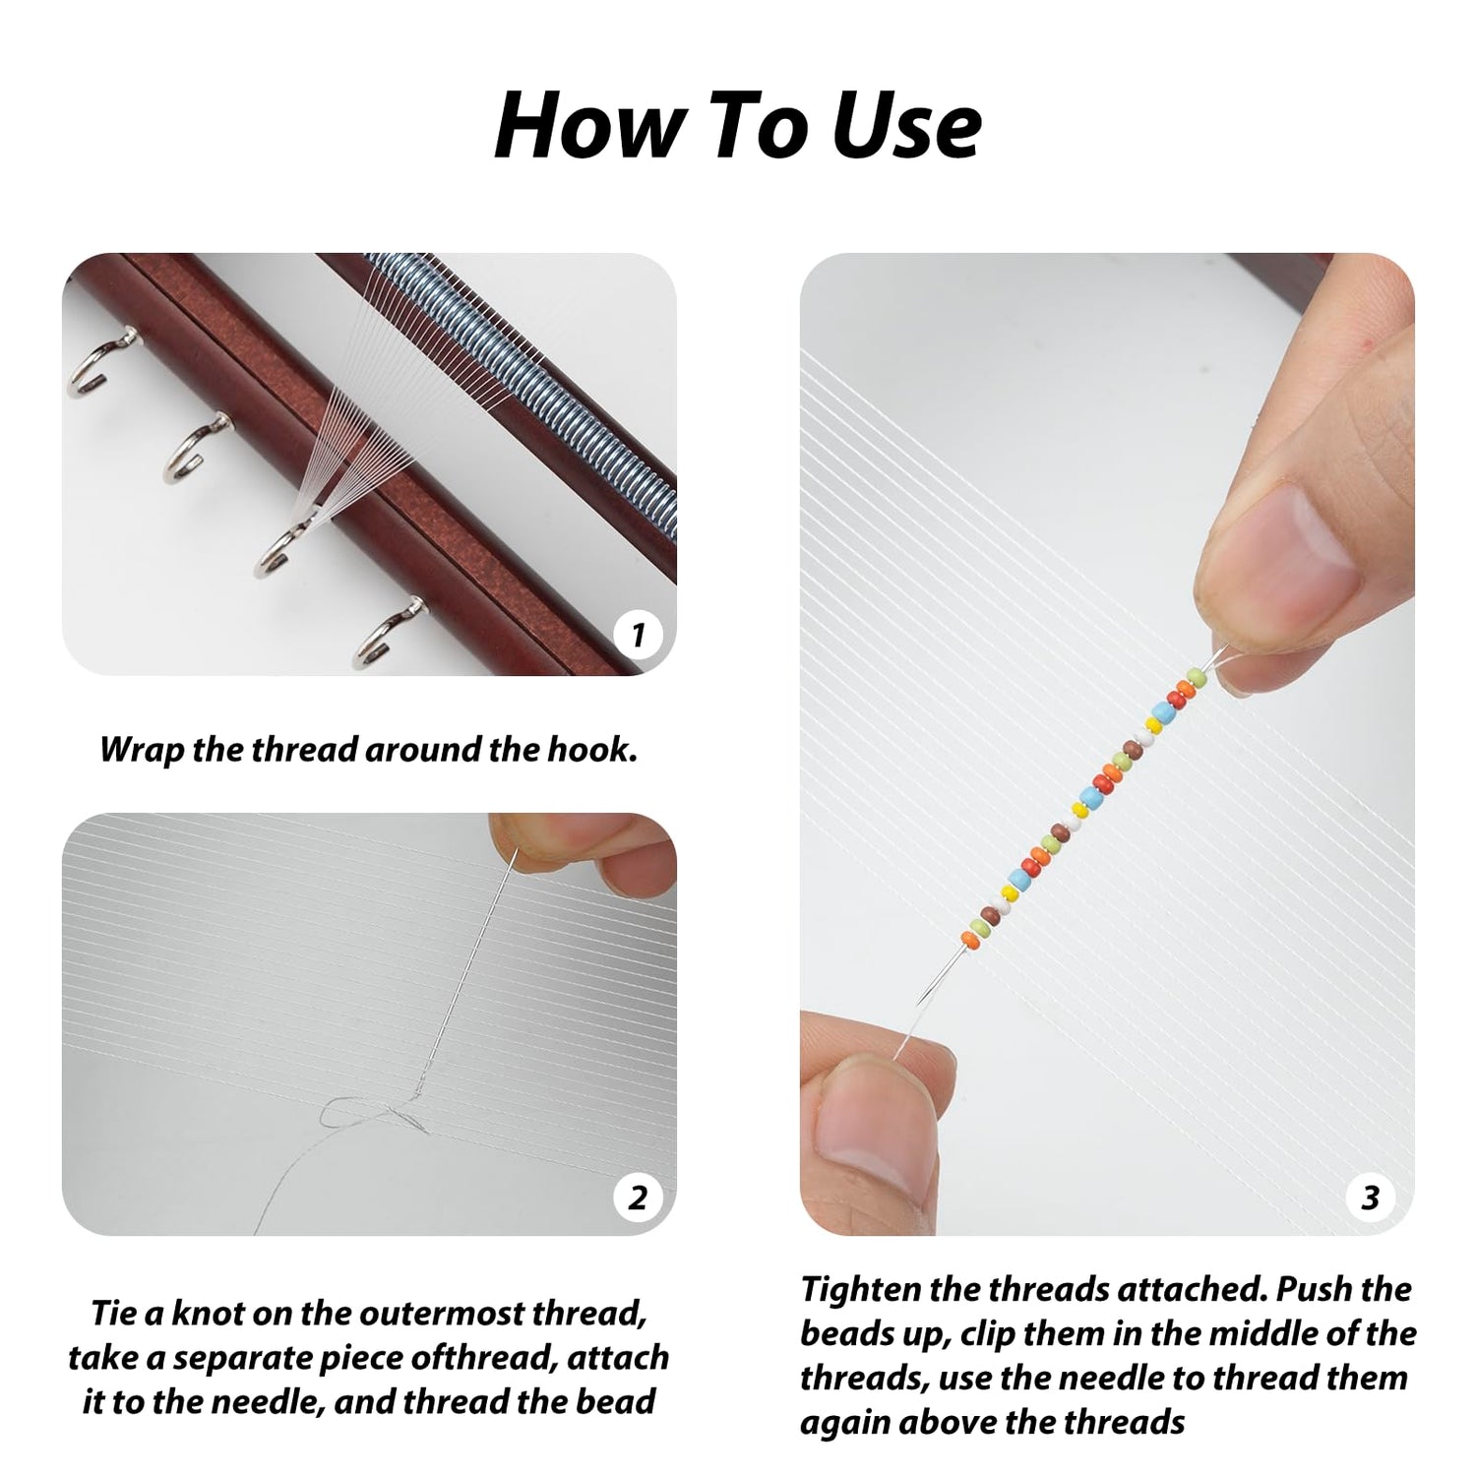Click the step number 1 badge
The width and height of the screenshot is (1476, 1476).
point(638,635)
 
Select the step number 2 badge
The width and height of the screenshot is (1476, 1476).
point(638,1198)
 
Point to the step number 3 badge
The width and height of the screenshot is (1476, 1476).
point(1371,1198)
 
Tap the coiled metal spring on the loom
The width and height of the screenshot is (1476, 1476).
point(522,394)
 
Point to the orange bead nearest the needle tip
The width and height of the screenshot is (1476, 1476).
point(968,939)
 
